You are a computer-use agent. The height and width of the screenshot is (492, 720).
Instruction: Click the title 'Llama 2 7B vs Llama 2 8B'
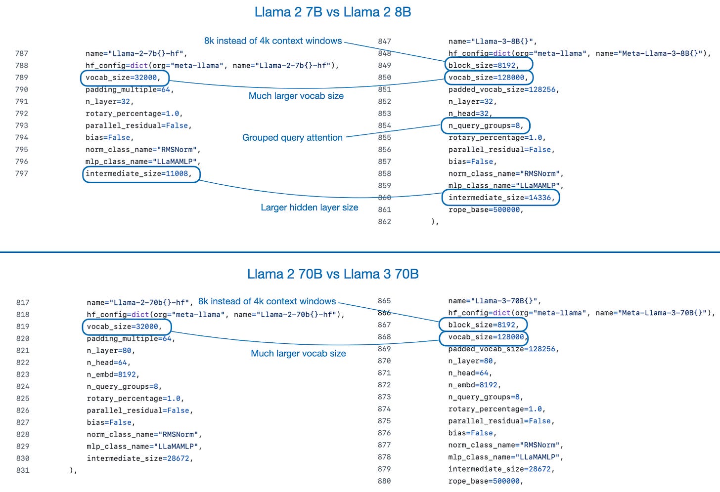click(332, 12)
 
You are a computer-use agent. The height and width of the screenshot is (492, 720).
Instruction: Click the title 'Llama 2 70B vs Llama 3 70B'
click(332, 274)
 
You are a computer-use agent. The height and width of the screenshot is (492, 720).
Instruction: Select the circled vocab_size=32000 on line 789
click(124, 78)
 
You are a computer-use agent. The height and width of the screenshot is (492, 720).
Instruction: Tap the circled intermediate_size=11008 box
click(141, 174)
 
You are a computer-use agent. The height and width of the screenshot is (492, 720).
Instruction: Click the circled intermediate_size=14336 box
click(500, 198)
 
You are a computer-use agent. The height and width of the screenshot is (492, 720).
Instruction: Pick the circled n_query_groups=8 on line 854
click(485, 125)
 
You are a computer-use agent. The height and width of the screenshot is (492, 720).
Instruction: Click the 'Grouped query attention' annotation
click(292, 138)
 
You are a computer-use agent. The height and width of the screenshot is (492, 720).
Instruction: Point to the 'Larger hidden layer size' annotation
click(309, 207)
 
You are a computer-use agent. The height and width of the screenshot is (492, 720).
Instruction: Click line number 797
click(22, 173)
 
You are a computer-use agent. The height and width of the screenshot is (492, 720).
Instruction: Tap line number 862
click(384, 222)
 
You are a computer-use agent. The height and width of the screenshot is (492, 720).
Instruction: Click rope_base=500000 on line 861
click(486, 210)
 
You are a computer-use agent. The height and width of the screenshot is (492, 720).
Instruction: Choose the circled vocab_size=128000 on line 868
click(484, 337)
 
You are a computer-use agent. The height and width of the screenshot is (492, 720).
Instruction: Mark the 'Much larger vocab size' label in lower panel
click(298, 354)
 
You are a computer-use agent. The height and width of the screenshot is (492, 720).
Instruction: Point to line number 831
click(23, 470)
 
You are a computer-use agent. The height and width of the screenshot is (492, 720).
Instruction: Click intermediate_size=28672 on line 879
click(501, 469)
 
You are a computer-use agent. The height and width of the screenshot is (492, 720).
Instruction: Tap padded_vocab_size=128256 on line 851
click(503, 89)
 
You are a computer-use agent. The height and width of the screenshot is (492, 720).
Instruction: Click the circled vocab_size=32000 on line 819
click(126, 327)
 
